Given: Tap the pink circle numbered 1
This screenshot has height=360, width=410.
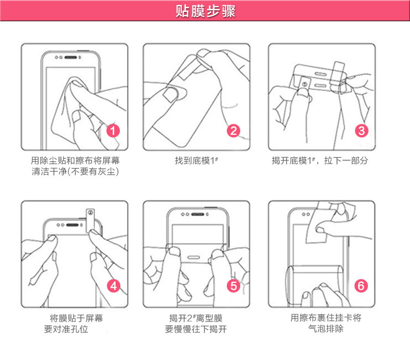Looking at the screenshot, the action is [x=113, y=130].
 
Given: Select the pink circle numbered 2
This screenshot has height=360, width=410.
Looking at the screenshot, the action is [x=234, y=131].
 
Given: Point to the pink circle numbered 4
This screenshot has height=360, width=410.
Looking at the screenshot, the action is [x=113, y=285].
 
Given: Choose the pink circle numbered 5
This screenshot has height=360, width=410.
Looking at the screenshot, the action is [x=234, y=285].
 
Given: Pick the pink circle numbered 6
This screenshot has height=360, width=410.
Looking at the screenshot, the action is [x=361, y=285].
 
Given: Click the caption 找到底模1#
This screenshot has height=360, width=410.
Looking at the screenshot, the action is [x=196, y=161].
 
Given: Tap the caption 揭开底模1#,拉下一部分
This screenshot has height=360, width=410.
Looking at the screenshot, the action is [x=320, y=161].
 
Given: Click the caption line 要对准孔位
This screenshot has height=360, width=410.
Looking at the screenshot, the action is [x=66, y=329].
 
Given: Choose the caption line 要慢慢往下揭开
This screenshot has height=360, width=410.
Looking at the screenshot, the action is [x=196, y=329].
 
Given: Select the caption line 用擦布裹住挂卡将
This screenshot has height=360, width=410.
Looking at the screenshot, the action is [x=326, y=318].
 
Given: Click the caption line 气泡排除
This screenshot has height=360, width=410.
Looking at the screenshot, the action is [x=326, y=329].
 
